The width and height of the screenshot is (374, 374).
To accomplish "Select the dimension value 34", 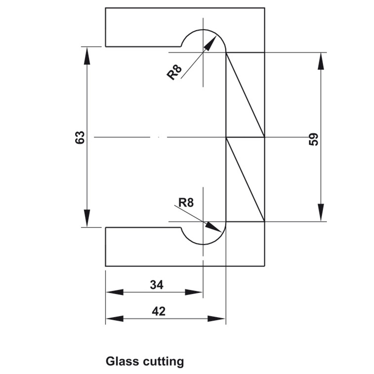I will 157,285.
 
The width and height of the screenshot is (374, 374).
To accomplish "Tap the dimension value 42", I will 159,311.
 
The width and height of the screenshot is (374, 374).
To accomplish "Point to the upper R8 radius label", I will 174,72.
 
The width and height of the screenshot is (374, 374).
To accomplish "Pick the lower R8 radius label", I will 186,203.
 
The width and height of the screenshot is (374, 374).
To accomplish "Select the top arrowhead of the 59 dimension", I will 321,61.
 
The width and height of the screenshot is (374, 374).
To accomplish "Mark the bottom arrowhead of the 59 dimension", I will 321,213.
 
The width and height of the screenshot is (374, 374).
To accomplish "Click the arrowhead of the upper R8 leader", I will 212,43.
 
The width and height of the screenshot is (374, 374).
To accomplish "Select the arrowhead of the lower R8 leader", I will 213,227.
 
